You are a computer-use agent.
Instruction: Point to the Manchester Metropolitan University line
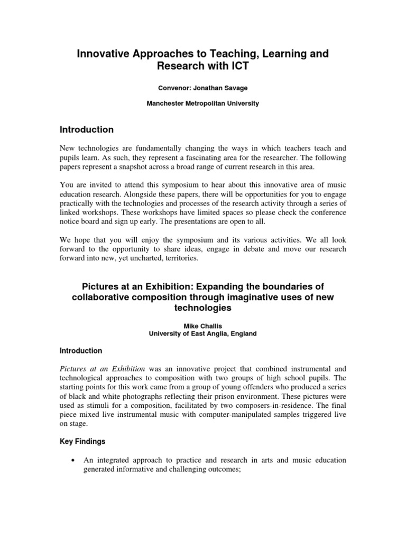pos(202,104)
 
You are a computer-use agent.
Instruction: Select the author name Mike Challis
pos(202,326)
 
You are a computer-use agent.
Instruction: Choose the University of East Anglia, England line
pos(202,333)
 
